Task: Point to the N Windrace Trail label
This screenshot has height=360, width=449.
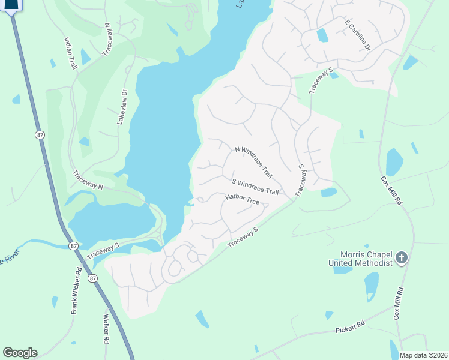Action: pos(253,162)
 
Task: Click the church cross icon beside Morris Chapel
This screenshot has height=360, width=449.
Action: pos(402,259)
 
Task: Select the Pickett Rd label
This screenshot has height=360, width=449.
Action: pos(351,328)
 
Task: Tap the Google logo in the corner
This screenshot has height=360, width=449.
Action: pos(20,353)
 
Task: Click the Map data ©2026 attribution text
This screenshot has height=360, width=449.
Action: pos(423,355)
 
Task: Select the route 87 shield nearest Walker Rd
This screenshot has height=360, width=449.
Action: pos(91,278)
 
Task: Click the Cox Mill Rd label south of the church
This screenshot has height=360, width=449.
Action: pos(397,304)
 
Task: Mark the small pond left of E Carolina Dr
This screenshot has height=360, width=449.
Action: pos(322,35)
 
